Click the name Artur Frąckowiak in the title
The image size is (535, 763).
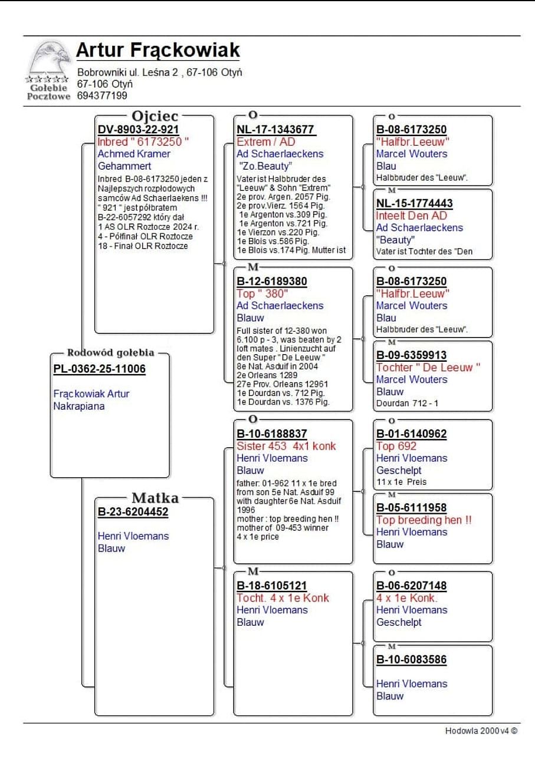pos(157,51)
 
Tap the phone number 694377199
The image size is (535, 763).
pos(102,95)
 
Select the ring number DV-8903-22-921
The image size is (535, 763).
pos(138,130)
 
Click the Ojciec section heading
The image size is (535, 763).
pos(155,116)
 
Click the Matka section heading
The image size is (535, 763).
pos(155,498)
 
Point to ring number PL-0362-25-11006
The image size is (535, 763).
pos(99,369)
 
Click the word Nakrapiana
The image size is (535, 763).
pos(79,406)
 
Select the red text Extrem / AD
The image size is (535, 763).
pos(266,142)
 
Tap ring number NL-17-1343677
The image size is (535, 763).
pos(275,130)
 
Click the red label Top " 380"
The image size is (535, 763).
pos(262,293)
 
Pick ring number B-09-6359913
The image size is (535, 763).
pos(411,355)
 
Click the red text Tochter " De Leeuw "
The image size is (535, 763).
pos(428,368)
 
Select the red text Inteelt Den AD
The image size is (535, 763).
pos(411,216)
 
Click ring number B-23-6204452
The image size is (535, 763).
pos(133,512)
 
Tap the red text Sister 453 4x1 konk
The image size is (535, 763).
pos(286,446)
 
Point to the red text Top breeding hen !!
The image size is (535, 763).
pos(424,520)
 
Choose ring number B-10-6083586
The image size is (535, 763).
pos(411,659)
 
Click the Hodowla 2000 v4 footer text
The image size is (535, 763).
pos(481,731)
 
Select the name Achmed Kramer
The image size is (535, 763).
pos(134,154)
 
